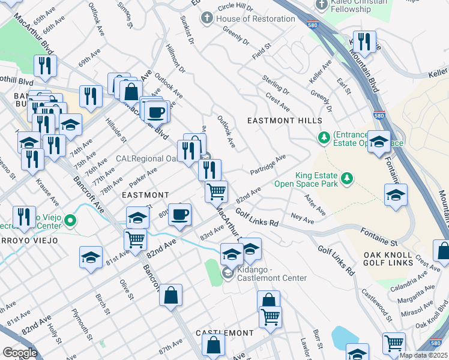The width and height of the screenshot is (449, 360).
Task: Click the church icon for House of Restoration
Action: coord(207,19)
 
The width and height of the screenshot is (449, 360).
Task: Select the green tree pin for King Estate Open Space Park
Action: coord(346,178)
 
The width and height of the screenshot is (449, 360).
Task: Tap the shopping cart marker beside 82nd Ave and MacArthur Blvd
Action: coord(216,192)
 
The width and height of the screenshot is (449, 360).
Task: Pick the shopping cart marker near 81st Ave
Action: coord(135,239)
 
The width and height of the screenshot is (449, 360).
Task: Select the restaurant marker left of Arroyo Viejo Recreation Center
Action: coord(23,217)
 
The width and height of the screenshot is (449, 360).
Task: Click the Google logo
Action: coord(20,353)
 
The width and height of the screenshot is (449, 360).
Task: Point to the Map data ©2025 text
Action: coord(423,355)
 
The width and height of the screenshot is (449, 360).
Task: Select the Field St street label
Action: coord(262,50)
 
